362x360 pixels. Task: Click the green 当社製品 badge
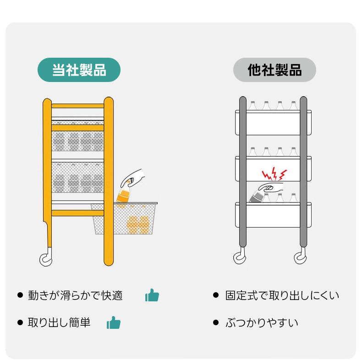click(x=79, y=70)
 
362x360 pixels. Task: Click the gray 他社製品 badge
click(x=274, y=70)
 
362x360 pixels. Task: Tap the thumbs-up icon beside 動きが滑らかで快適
click(x=152, y=295)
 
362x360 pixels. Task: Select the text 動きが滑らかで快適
click(x=75, y=295)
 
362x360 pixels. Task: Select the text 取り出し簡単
click(x=59, y=322)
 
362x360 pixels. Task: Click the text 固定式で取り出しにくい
click(x=282, y=295)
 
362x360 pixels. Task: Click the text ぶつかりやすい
click(x=262, y=322)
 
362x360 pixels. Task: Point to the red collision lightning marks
click(x=274, y=174)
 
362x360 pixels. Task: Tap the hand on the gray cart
click(x=270, y=187)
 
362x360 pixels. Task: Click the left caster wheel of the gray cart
click(x=240, y=258)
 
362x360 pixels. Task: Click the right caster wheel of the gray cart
click(x=300, y=258)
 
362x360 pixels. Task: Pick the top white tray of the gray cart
click(x=274, y=122)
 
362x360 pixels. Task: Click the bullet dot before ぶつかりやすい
click(x=216, y=322)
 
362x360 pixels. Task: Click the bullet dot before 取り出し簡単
click(x=20, y=322)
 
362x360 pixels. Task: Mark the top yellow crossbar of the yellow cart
click(x=77, y=106)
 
